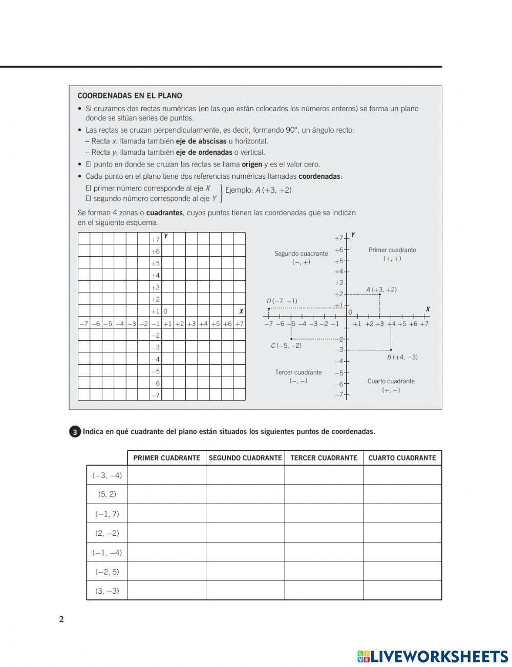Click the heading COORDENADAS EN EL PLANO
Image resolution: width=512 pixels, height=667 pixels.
point(130,96)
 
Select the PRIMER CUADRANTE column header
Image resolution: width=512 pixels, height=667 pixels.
point(166,458)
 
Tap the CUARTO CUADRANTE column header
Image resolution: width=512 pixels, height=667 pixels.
point(402,458)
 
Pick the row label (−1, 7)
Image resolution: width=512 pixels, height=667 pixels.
point(107,514)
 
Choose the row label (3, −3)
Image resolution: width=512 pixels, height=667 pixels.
point(107,591)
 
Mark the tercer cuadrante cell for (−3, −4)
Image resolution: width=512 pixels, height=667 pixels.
point(324,475)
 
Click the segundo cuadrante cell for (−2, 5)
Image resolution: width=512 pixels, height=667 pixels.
point(245,571)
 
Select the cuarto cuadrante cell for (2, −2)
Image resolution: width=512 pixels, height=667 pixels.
point(402,533)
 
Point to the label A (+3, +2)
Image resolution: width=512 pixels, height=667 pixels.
point(381,289)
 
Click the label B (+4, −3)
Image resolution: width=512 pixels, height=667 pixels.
point(402,357)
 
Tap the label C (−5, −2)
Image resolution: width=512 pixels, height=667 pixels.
point(286,346)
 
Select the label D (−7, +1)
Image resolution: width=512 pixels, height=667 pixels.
point(282,301)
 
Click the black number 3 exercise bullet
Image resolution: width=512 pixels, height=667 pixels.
point(75,432)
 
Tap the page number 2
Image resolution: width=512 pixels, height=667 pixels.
point(61,619)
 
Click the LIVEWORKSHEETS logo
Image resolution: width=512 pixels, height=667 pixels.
point(433,656)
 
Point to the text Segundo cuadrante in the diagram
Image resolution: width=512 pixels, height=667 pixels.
point(301,254)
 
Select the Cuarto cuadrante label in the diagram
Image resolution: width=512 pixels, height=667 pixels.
point(391,381)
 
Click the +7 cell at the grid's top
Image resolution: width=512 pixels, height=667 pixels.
point(155,239)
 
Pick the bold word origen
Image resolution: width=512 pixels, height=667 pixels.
point(251,164)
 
